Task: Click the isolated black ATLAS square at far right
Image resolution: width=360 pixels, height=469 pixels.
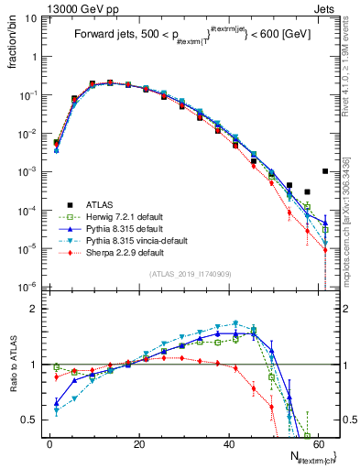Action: coord(325,171)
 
